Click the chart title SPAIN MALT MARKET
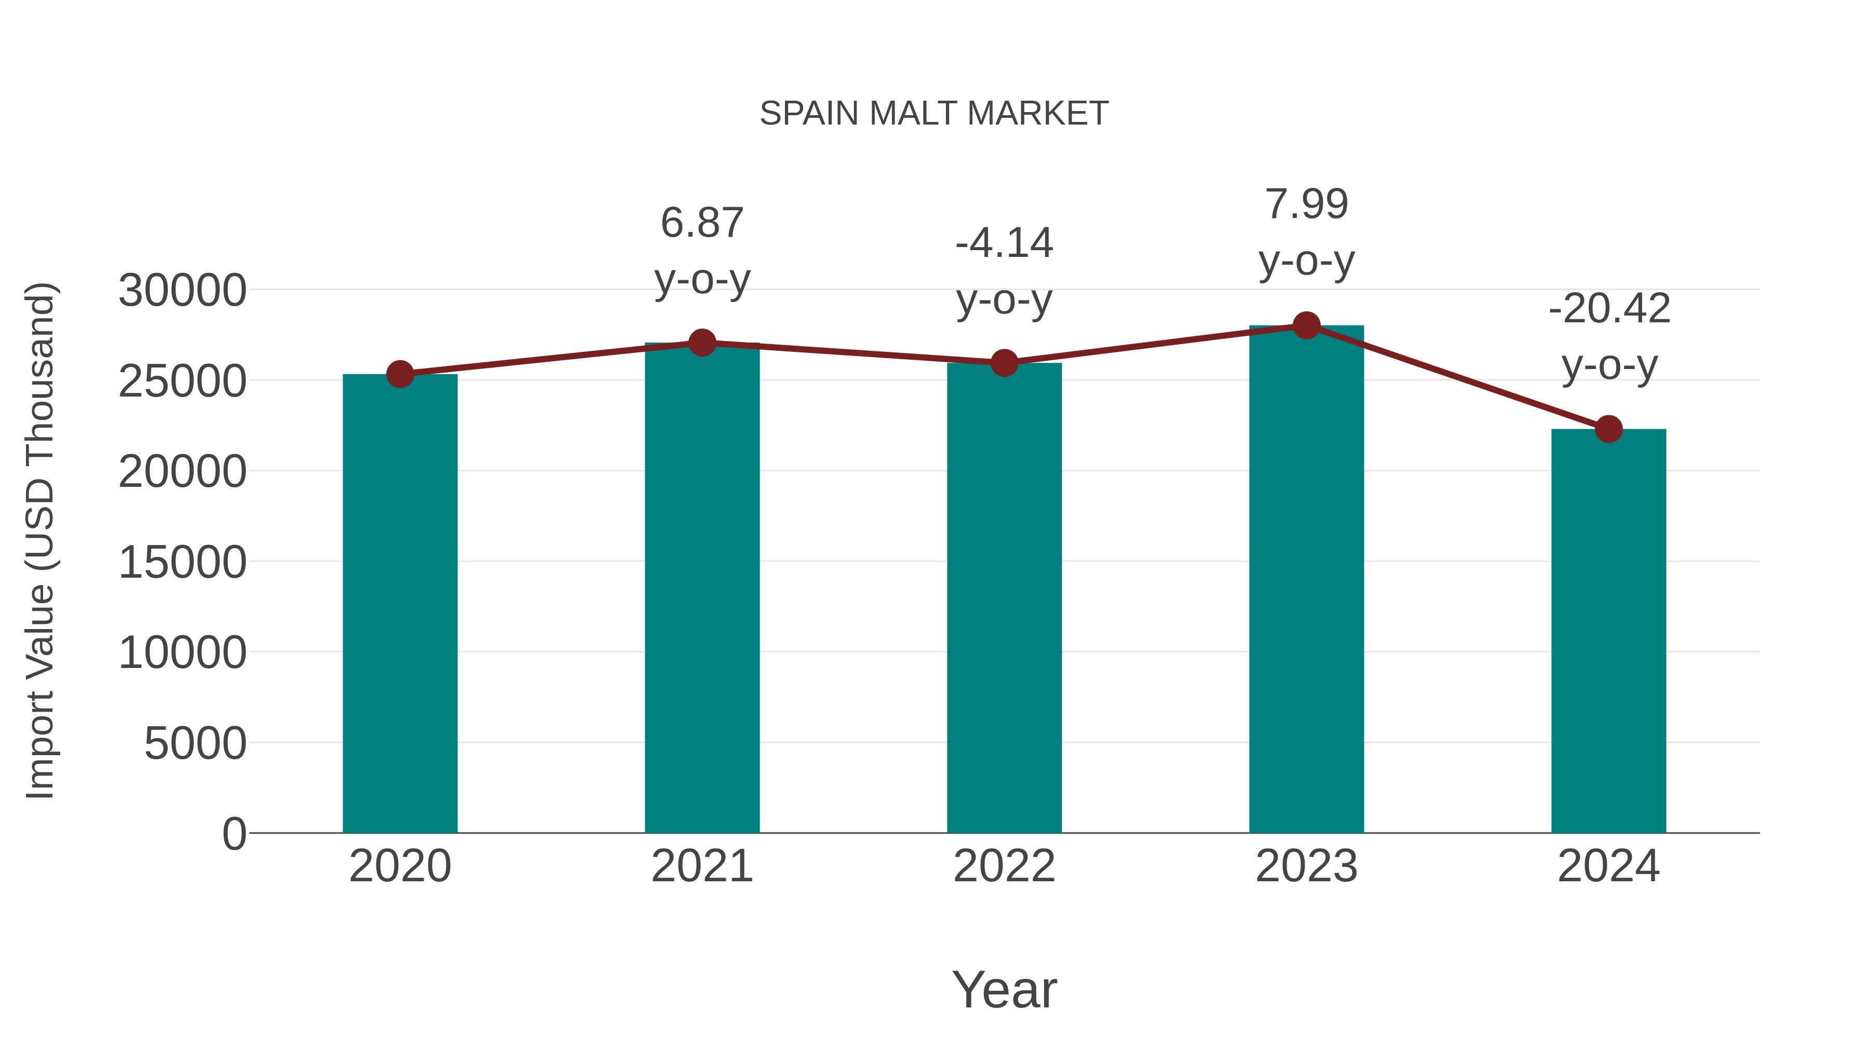point(934,114)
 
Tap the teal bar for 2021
point(701,588)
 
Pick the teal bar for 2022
point(1004,598)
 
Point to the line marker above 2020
point(400,374)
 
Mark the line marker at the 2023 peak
point(1306,325)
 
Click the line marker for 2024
point(1608,429)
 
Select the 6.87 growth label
point(701,223)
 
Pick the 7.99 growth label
point(1306,204)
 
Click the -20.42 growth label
point(1608,309)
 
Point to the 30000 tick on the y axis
point(182,291)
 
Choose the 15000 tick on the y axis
point(182,562)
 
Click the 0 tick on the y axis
point(234,834)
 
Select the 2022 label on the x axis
point(1004,866)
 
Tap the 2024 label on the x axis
point(1608,866)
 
